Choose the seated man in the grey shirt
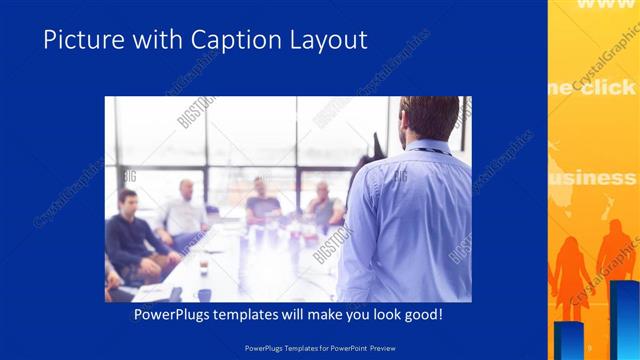coord(322,204)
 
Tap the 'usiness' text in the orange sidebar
coord(594,178)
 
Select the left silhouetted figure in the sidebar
coord(571,275)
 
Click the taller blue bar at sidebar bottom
coord(625,320)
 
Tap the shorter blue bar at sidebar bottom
coord(569,340)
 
